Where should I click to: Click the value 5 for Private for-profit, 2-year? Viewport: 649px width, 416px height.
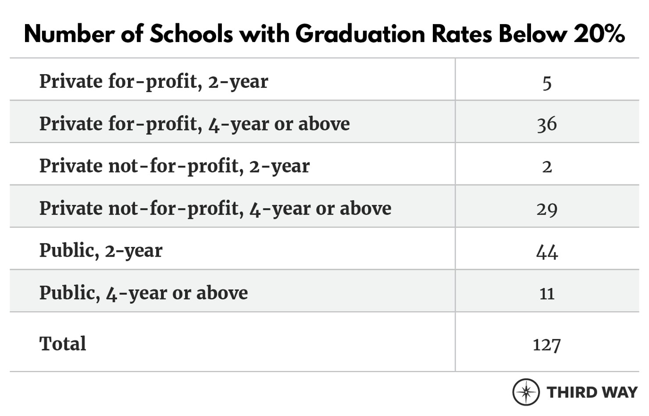pos(546,82)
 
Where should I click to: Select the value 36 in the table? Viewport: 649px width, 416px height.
pos(546,124)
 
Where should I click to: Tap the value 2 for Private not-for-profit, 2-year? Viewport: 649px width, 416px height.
pos(546,167)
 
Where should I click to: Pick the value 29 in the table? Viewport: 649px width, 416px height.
pos(546,209)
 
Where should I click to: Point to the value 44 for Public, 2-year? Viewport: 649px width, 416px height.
pos(546,251)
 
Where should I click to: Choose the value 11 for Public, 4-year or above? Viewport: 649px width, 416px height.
pos(546,293)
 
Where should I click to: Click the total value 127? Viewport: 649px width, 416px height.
pos(546,344)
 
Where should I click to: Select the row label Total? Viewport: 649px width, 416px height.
pos(63,344)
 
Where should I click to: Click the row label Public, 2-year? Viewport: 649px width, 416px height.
pos(101,251)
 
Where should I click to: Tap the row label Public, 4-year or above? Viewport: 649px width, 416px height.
pos(143,293)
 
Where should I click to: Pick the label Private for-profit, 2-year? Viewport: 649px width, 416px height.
pos(153,82)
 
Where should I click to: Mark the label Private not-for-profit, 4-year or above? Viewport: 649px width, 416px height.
pos(215,208)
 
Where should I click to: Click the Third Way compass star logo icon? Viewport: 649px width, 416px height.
pos(526,392)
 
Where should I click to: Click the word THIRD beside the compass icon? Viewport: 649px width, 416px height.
pos(571,392)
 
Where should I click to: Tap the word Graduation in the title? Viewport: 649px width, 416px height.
pos(360,33)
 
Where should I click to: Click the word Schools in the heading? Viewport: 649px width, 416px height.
pos(191,33)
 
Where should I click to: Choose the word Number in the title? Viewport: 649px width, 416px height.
pos(69,33)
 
